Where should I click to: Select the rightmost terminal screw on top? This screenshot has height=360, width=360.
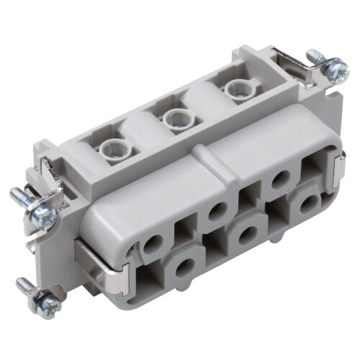point(233,89)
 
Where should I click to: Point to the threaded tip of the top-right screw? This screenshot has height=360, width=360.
point(314,53)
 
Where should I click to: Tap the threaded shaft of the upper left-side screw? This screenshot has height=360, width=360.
point(19,195)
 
